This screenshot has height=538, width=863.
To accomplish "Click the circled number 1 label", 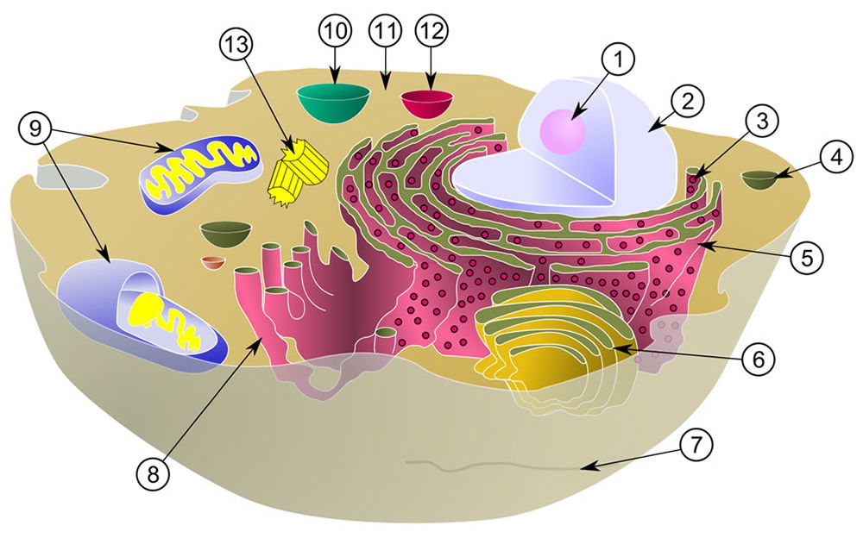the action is point(618,59).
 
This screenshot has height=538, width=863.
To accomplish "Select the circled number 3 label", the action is point(762,122).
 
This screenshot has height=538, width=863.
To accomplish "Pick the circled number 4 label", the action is point(836,157).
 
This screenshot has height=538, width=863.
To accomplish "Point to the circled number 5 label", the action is point(807,257).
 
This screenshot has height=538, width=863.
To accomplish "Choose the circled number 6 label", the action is point(759,360).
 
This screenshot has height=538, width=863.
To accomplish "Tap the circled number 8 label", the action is point(153,473).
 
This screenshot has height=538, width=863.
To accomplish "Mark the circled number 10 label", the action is point(335,31).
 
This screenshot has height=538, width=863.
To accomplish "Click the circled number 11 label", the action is point(385,31).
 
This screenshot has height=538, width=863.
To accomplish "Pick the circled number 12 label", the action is point(432,31).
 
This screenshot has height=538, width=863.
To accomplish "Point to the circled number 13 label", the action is point(236,43).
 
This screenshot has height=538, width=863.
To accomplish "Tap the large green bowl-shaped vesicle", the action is point(333,103).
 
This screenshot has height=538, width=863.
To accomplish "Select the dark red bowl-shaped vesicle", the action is point(427,103).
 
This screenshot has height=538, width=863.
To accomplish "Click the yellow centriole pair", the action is point(298,171).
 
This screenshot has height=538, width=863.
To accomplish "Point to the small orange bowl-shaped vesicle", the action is point(213,262).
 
